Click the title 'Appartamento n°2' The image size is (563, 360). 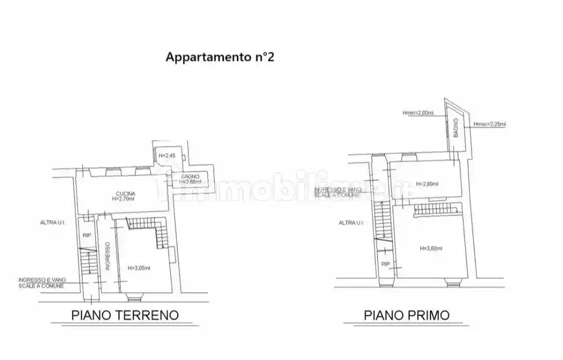coord(219,57)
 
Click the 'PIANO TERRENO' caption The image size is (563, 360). coord(125,315)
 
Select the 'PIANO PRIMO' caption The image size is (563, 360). coord(406,315)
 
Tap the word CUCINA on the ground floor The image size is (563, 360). coord(126,193)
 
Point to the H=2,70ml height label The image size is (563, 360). coord(124,199)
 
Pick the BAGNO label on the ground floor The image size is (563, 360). coord(190,176)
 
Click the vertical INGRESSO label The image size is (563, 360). coord(107,255)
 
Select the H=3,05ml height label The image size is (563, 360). coord(139,268)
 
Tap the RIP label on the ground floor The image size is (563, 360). coord(87,235)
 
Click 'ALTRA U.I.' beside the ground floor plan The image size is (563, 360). coord(53,223)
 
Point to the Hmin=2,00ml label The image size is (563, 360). coord(418,113)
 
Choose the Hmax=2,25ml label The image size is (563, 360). coord(489,124)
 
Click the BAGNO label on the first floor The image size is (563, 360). coord(456,128)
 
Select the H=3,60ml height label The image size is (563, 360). coord(431,248)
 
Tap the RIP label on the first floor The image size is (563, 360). coord(385,264)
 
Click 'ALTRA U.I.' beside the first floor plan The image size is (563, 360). coord(351,222)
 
